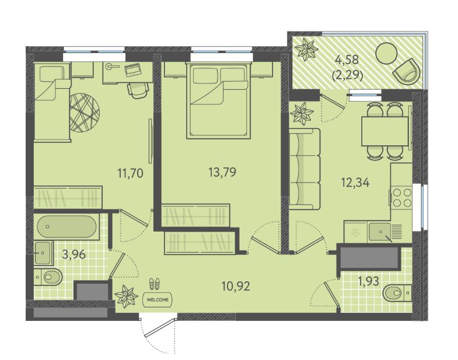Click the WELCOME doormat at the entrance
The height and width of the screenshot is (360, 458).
[158, 300]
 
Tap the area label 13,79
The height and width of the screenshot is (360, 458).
[222, 172]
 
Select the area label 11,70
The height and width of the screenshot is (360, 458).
[130, 173]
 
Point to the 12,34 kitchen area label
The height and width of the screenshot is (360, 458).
[355, 183]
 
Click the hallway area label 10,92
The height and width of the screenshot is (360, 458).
[236, 286]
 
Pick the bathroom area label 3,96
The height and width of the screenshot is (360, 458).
[74, 254]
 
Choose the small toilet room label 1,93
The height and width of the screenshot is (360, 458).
[368, 281]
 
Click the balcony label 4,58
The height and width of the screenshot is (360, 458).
[347, 60]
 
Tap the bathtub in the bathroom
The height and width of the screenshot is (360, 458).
[67, 226]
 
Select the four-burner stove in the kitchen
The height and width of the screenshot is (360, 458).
[401, 198]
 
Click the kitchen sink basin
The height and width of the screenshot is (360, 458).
[379, 232]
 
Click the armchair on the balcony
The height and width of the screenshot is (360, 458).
[406, 71]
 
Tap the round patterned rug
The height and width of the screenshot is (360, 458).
[85, 113]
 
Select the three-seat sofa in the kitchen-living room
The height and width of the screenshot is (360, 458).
[305, 169]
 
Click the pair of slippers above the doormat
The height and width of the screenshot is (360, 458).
[155, 284]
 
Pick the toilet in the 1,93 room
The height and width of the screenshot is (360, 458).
[397, 293]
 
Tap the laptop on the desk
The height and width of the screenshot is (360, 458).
[132, 69]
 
